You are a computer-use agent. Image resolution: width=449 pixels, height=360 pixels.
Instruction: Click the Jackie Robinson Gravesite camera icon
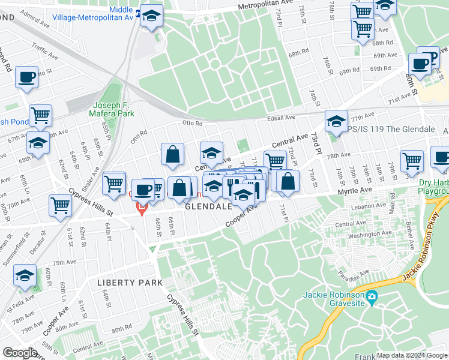pyautogui.click(x=372, y=295)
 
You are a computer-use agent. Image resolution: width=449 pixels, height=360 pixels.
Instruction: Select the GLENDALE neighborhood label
pyautogui.click(x=208, y=206)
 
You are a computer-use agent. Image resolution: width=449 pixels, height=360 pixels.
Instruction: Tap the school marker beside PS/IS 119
pyautogui.click(x=337, y=121)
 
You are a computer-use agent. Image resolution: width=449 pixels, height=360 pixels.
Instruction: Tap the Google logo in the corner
pyautogui.click(x=20, y=353)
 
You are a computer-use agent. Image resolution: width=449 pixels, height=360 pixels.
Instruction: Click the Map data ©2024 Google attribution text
pyautogui.click(x=412, y=355)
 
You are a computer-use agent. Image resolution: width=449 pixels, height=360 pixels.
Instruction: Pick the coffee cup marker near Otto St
pyautogui.click(x=27, y=78)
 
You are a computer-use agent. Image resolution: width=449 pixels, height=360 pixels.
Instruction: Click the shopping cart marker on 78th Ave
pyautogui.click(x=412, y=161)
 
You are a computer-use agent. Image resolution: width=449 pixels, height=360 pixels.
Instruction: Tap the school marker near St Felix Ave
pyautogui.click(x=25, y=275)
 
